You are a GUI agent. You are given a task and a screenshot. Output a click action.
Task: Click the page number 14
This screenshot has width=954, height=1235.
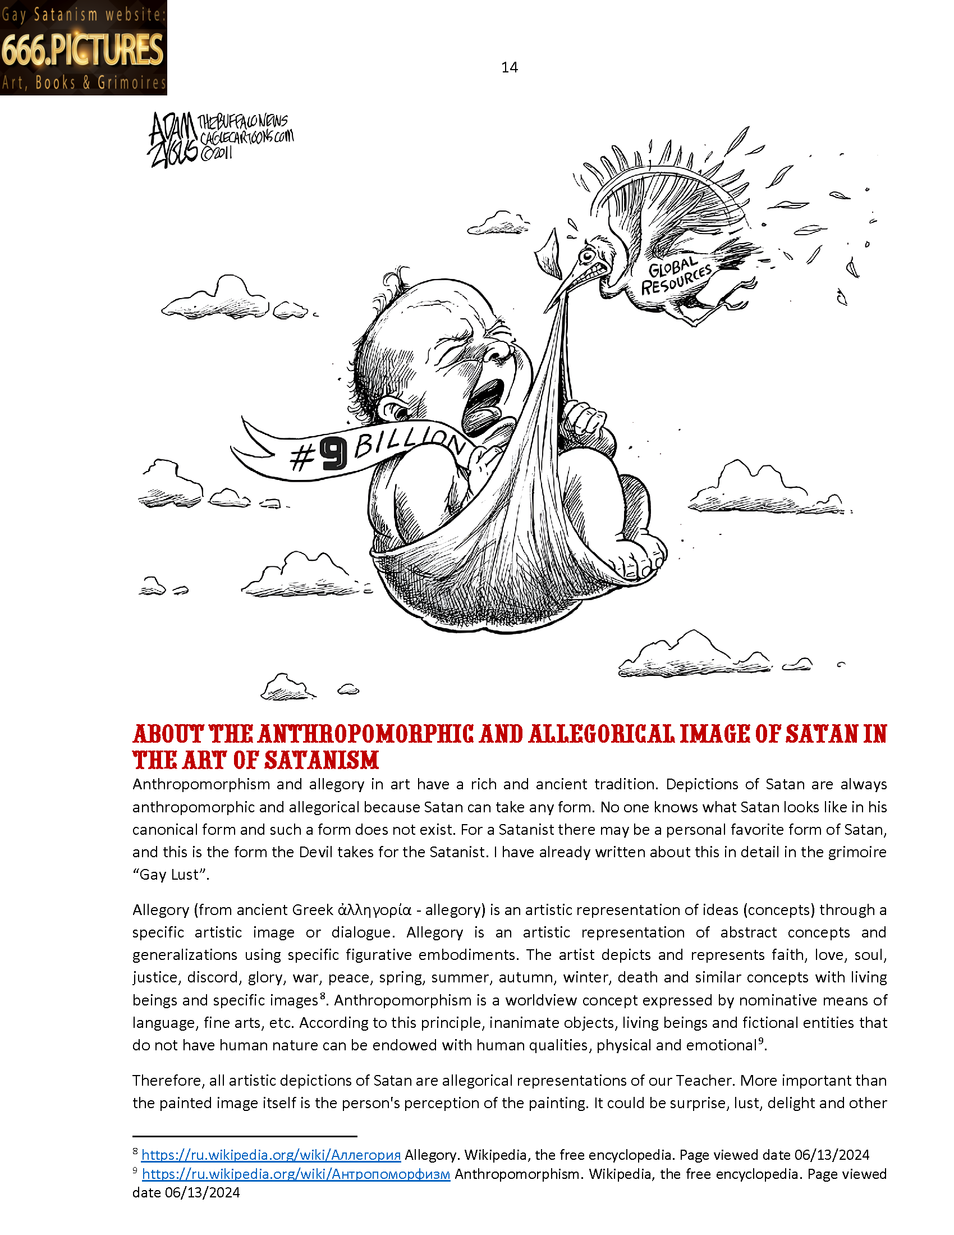(509, 67)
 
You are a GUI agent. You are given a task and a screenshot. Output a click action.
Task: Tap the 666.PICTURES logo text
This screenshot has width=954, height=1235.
(82, 49)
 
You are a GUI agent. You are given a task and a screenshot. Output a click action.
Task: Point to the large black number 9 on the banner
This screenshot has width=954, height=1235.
(333, 454)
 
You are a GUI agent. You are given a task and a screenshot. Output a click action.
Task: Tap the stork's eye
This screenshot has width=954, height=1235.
(588, 255)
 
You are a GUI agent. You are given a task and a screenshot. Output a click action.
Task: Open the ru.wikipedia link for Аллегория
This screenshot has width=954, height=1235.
(270, 1154)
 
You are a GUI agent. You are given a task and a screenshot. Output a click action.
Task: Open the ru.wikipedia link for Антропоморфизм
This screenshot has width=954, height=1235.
(296, 1174)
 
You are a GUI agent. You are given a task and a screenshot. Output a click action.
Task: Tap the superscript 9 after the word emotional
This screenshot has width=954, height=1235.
(761, 1040)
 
